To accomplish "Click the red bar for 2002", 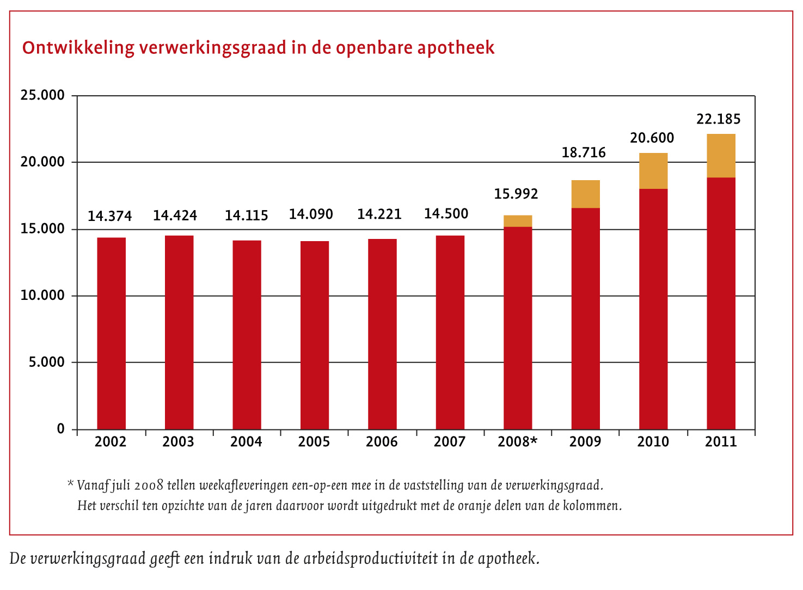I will click(x=111, y=333).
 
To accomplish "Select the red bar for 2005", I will click(x=315, y=335).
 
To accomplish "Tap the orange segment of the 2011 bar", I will click(x=721, y=156).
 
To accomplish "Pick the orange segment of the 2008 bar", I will click(x=518, y=221).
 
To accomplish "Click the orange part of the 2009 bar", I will click(x=585, y=194).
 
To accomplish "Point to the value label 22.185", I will click(x=719, y=119).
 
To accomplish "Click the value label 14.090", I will click(x=311, y=214).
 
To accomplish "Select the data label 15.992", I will click(x=516, y=194).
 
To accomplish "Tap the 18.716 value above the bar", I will click(x=584, y=152).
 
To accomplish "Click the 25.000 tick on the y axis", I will click(x=42, y=95).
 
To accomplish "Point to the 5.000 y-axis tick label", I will click(x=46, y=362).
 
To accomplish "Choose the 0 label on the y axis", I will click(x=60, y=429).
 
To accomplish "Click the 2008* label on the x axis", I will click(x=517, y=441).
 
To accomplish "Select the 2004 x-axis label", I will click(x=246, y=441).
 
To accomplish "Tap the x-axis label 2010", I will click(x=653, y=441).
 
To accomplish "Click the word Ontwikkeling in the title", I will click(x=78, y=48).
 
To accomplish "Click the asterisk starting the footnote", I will click(x=70, y=483).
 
